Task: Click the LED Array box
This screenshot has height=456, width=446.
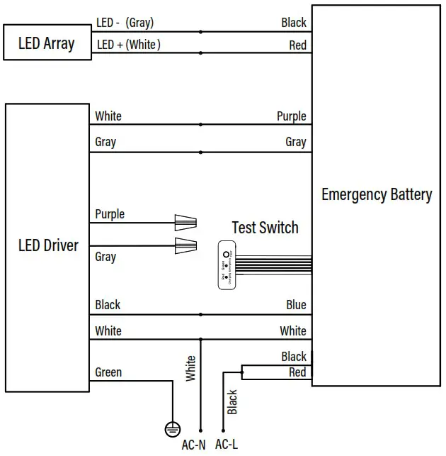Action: point(47,43)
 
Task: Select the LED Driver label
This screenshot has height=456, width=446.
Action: point(48,246)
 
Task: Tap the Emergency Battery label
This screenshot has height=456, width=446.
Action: point(376,194)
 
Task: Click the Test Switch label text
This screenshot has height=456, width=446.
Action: point(265,228)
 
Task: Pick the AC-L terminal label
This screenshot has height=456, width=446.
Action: point(227,445)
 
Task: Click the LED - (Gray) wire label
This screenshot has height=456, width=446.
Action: point(125,23)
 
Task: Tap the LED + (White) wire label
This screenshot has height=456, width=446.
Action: point(128,45)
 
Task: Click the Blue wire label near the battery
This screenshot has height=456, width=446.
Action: point(296,305)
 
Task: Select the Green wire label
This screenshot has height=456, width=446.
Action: point(108,372)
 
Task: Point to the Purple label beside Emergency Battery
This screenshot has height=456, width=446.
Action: point(291,116)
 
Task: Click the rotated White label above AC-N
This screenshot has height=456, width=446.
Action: point(190,369)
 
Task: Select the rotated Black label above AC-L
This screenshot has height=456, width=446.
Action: point(232,401)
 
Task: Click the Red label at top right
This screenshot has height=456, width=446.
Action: point(297,45)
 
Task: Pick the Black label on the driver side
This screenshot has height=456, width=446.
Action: point(108,305)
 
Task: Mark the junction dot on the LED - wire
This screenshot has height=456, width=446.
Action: point(201,32)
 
